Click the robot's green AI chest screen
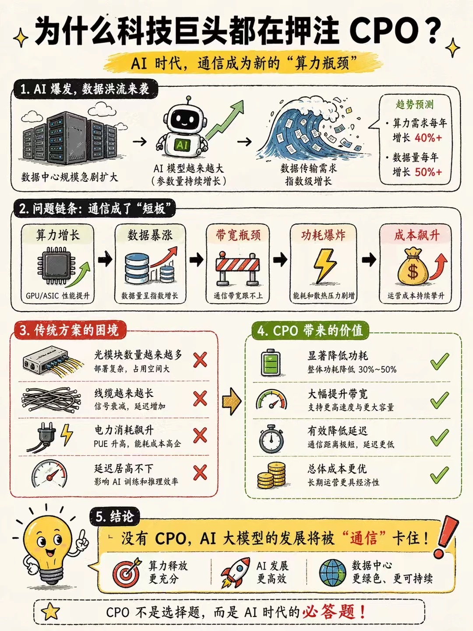point(182,144)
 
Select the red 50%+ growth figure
point(428,172)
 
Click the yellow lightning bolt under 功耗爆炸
point(325,266)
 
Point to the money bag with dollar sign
point(413,267)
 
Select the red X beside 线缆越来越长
point(200,398)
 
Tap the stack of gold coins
point(272,476)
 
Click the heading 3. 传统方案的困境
point(69,330)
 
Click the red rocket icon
point(236,572)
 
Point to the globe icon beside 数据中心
point(332,573)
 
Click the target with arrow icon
point(127,573)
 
